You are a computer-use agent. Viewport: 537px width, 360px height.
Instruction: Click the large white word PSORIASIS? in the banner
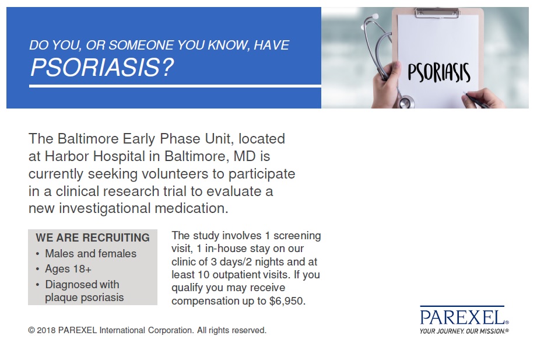click(x=102, y=67)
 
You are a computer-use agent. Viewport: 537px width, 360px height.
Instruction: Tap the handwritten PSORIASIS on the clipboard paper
click(x=438, y=73)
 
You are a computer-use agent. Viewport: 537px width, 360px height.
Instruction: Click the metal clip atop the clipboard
click(x=437, y=13)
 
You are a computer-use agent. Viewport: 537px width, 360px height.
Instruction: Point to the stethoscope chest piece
click(x=405, y=102)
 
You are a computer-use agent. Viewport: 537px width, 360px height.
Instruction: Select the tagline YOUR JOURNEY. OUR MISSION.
click(x=464, y=331)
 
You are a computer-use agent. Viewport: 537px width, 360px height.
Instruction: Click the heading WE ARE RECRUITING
click(x=93, y=237)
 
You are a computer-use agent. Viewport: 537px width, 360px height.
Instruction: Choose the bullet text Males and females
click(x=91, y=254)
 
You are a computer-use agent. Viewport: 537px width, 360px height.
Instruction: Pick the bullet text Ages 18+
click(x=68, y=269)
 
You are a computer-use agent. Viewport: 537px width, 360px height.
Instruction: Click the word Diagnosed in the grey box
click(x=66, y=285)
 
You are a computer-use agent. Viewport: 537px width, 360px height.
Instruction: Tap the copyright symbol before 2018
click(x=31, y=330)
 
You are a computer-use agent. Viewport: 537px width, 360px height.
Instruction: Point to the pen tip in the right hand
click(x=464, y=93)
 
